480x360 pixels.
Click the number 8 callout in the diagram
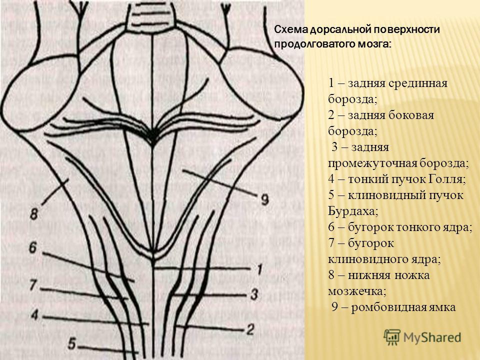34,214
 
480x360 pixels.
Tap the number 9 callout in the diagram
265,200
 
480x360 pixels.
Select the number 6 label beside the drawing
33,247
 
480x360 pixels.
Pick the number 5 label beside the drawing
72,343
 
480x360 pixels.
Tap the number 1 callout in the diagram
259,269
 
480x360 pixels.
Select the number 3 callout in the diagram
254,294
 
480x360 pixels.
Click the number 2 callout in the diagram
250,329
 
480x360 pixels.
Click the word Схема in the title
291,29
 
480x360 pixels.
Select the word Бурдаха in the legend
352,211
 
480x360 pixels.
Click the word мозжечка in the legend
356,291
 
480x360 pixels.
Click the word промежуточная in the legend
372,163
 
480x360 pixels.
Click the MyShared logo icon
392,337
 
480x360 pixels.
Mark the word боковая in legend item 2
411,115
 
